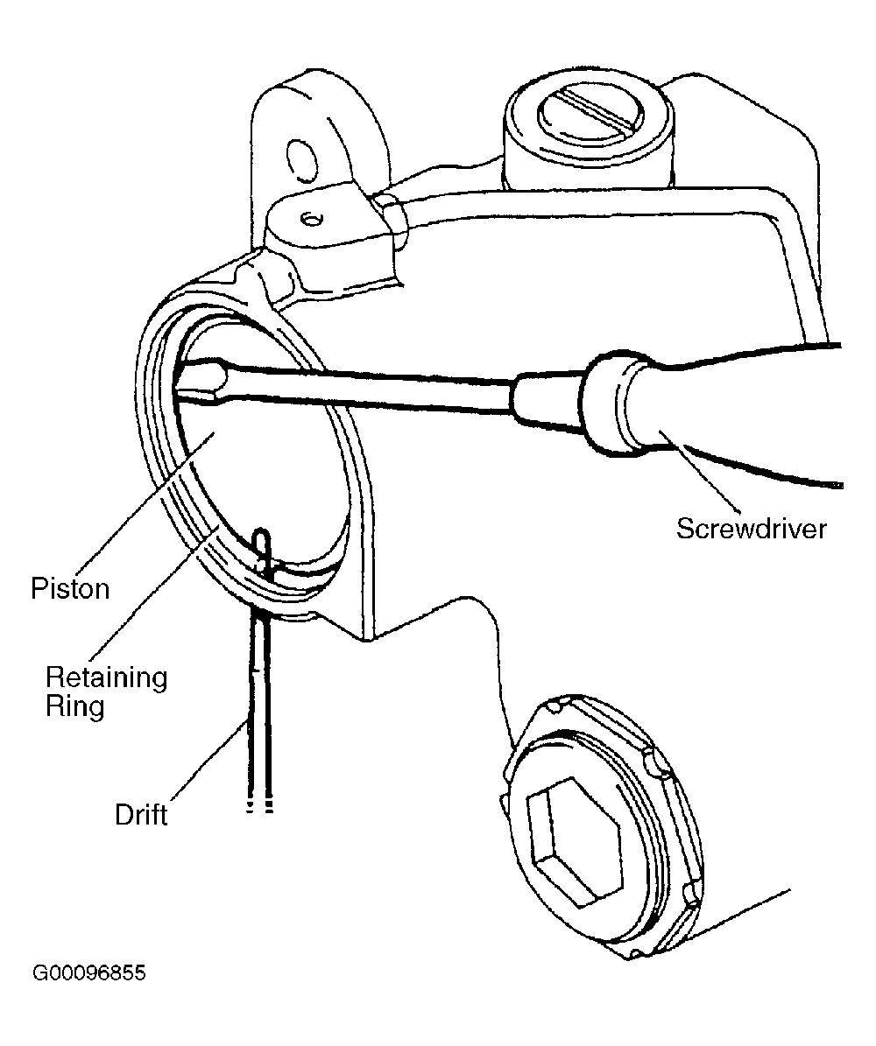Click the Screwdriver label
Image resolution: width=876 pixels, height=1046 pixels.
point(751,529)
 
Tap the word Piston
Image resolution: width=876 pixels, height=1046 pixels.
point(70,588)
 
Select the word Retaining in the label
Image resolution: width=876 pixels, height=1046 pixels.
point(106,677)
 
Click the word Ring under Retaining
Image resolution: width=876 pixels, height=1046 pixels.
point(74,706)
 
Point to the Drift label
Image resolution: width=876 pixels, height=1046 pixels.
point(141,815)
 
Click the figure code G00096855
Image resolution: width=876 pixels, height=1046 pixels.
point(88,972)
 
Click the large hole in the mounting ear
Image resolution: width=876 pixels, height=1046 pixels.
point(300,160)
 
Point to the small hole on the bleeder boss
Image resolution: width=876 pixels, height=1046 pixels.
point(311,218)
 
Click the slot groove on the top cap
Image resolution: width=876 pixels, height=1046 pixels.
point(597,111)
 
